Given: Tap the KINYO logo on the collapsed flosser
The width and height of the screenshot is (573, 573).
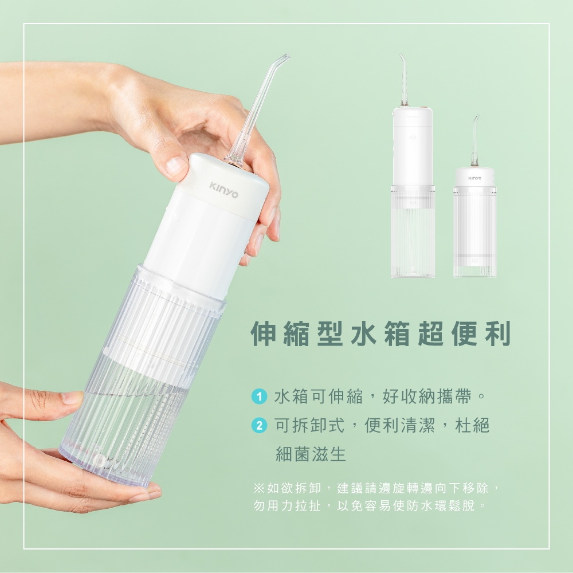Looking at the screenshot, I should pyautogui.click(x=474, y=178).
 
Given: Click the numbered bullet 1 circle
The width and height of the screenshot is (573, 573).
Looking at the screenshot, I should pyautogui.click(x=260, y=396).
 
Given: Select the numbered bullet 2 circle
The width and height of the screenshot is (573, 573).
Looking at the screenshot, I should pyautogui.click(x=260, y=426).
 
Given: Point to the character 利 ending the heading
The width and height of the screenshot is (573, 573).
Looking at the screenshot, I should pyautogui.click(x=497, y=334).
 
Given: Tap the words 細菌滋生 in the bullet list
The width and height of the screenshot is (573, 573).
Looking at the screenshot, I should pyautogui.click(x=311, y=455).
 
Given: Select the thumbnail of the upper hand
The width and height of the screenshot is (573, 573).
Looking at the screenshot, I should pyautogui.click(x=175, y=166).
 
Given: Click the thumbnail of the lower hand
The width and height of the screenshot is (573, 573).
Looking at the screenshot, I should pyautogui.click(x=73, y=398).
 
